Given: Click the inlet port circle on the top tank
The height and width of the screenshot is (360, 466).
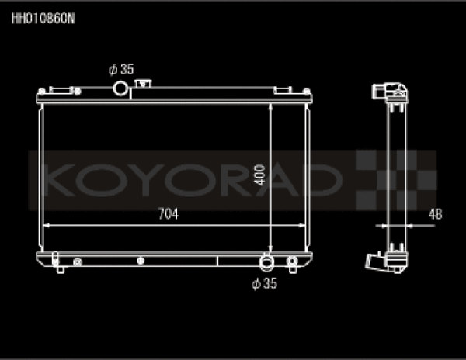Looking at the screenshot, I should coord(120,88).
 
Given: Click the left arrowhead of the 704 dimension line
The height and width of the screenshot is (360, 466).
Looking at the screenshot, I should coord(45,225).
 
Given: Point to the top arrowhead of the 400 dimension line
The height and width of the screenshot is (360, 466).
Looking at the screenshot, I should coord(270,107).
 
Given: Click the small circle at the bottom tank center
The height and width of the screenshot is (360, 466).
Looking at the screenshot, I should coord(140,261).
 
